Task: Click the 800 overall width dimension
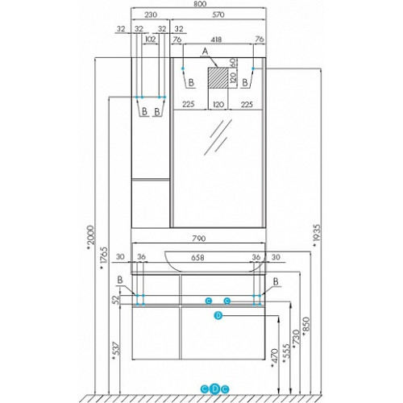click(x=200, y=4)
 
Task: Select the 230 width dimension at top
click(x=151, y=15)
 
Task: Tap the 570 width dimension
click(x=218, y=15)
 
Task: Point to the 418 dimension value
click(x=216, y=39)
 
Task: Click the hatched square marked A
click(x=218, y=78)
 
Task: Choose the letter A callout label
click(x=205, y=51)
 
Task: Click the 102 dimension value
click(x=150, y=39)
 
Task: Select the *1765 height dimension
click(x=104, y=258)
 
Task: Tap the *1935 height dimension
click(x=317, y=235)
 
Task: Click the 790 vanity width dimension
click(x=199, y=239)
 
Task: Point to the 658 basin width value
click(x=197, y=258)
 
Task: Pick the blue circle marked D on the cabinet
click(x=218, y=315)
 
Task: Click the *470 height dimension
click(x=275, y=358)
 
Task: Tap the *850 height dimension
click(x=306, y=326)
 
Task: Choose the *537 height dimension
click(x=115, y=351)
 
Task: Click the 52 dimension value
click(x=115, y=299)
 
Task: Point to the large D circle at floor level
click(x=214, y=388)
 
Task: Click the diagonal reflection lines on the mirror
click(x=218, y=137)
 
